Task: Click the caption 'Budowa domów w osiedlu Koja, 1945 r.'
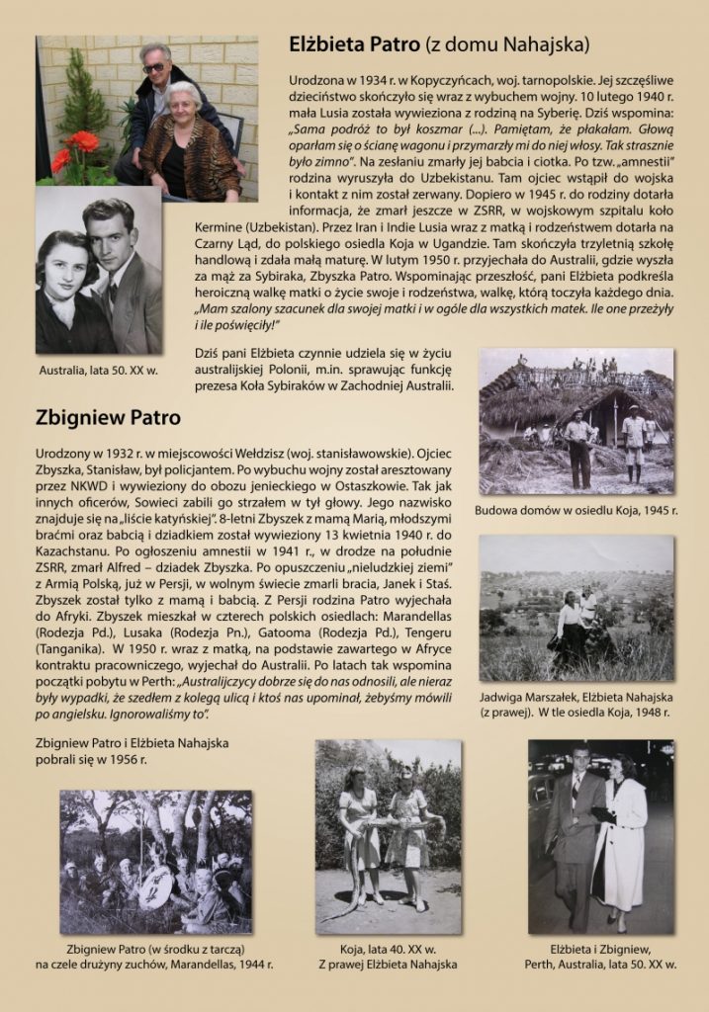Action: click(x=576, y=510)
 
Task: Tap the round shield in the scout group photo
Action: click(x=155, y=885)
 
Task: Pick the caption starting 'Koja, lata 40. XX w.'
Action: click(x=389, y=949)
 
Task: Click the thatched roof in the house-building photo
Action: click(x=534, y=395)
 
